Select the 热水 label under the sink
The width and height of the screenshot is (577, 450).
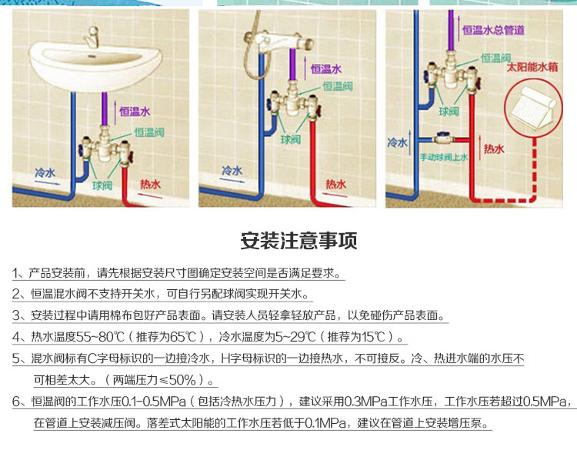pos(150,185)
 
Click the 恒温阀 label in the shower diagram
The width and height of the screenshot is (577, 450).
pos(338,85)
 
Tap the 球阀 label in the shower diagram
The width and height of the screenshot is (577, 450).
pos(290,140)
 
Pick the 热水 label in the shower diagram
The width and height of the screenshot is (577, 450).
pos(336,184)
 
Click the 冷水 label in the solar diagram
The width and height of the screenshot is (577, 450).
pos(397,142)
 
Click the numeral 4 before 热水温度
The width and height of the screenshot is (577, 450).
pos(17,337)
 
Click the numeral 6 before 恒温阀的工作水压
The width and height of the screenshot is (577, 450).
pos(17,402)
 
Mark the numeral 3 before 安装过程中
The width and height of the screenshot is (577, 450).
pos(17,315)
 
